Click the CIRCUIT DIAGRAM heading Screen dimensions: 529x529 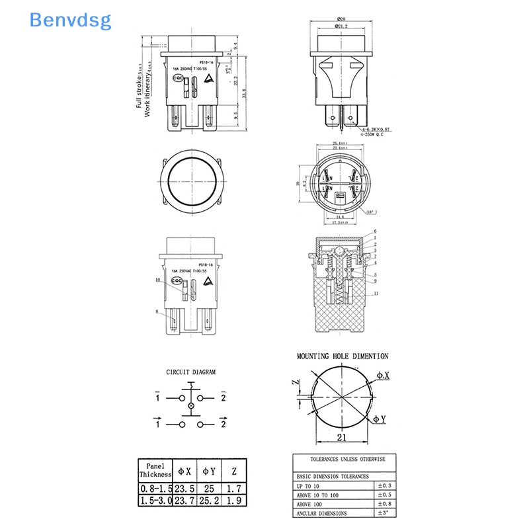coord(190,372)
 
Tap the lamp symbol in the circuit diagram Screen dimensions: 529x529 coord(192,405)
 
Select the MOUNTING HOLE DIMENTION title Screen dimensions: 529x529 coord(343,356)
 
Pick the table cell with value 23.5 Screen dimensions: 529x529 coord(185,488)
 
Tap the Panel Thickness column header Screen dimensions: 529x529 coord(155,469)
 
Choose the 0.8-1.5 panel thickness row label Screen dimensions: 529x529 coord(155,488)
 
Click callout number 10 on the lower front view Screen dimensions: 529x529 coord(158,280)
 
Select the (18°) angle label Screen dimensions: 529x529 coord(371,212)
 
